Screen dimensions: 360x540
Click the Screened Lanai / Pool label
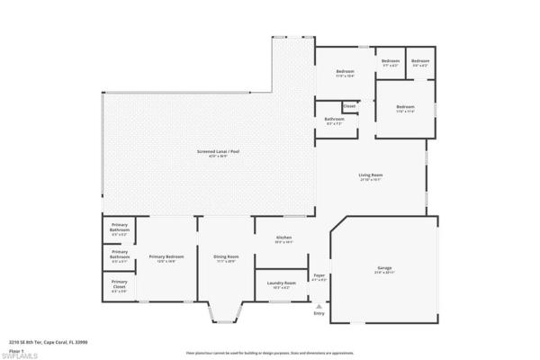(218, 151)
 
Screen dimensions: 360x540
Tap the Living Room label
(371, 175)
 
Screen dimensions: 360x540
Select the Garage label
(385, 268)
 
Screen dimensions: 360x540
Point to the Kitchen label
(283, 238)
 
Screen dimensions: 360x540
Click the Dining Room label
(226, 256)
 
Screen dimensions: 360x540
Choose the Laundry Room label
(282, 283)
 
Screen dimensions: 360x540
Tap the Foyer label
(319, 275)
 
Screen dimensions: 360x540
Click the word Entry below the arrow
(319, 313)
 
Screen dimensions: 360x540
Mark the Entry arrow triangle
(319, 304)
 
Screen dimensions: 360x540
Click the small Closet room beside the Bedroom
(349, 106)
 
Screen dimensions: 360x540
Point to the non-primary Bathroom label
(335, 119)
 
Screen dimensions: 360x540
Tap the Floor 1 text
(15, 347)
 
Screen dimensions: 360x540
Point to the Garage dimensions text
(385, 273)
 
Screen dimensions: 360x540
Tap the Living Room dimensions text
(371, 179)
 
